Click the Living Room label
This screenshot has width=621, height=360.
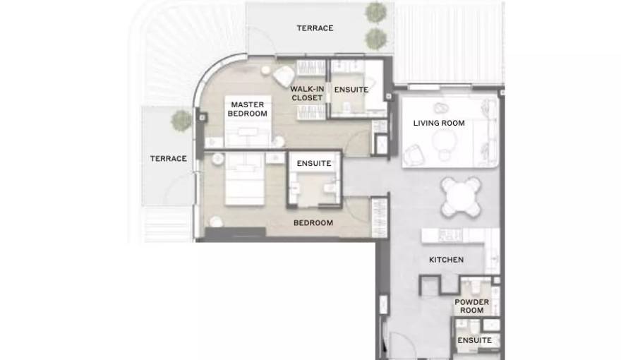(439, 123)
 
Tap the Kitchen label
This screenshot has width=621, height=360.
(446, 260)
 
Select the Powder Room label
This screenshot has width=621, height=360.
(471, 306)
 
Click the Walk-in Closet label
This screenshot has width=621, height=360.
(307, 93)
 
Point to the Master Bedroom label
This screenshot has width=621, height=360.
(248, 109)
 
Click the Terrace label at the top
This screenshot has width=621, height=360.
(315, 28)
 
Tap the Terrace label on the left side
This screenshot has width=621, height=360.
(169, 158)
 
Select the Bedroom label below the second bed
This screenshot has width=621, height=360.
(313, 223)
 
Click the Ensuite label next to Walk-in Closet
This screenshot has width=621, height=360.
(351, 90)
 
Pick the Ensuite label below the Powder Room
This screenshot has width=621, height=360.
(474, 340)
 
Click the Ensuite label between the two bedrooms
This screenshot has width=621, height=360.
(314, 163)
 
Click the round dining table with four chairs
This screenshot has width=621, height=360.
(462, 197)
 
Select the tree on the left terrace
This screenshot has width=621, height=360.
(181, 120)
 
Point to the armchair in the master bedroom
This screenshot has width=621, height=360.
(284, 76)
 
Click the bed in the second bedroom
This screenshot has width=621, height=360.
(245, 179)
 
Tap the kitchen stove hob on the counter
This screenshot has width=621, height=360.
(450, 235)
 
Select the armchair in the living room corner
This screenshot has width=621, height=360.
(414, 155)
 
